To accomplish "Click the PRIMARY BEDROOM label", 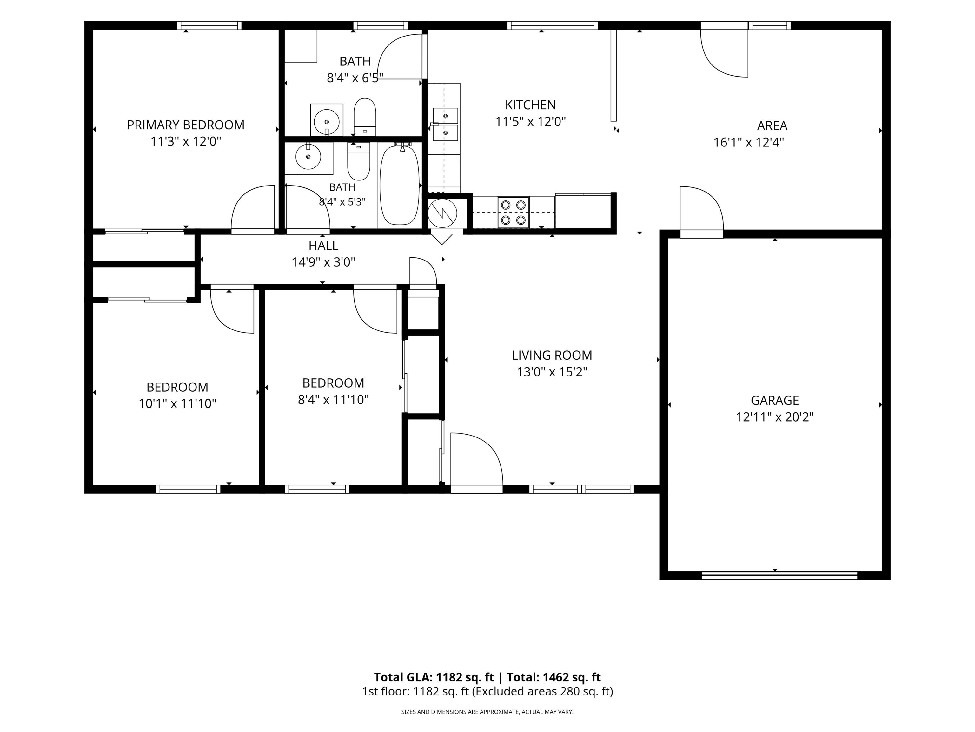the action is point(186,125).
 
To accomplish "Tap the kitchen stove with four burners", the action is point(514,212).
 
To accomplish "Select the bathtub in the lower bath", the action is point(399,185).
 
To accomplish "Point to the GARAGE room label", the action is point(774,400).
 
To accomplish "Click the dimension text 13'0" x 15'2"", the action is point(552,372).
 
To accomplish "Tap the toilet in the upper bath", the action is point(365,117).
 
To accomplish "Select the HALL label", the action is point(323,245).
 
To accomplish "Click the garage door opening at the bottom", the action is point(779,575).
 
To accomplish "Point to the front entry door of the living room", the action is point(476,462).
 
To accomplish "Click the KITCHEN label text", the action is point(530,105).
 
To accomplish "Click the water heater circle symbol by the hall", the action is point(442,213).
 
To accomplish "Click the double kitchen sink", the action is point(445,124).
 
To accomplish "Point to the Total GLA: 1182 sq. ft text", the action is point(434,677).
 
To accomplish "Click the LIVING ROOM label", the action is point(552,355).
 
